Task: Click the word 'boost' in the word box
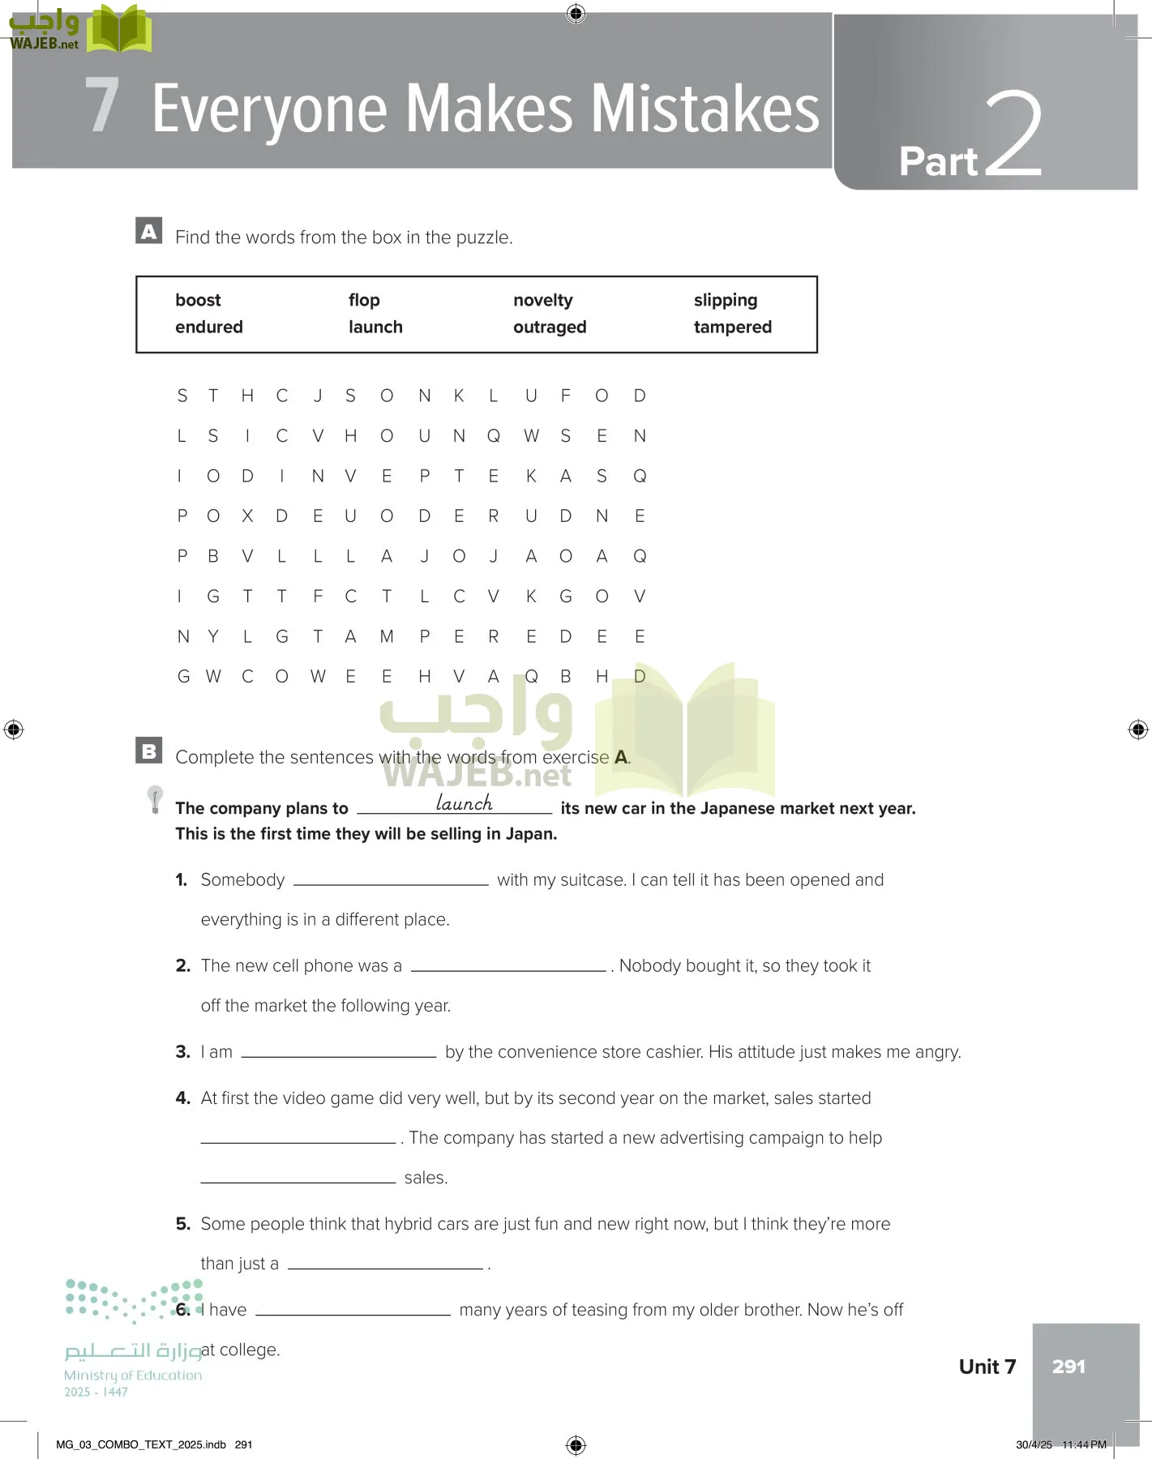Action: (198, 300)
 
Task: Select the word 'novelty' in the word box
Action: (542, 300)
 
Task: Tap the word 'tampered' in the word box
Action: (732, 327)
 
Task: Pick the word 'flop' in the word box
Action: (364, 300)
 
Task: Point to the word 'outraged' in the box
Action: (549, 327)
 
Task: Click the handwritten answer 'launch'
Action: (464, 802)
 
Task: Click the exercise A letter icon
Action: (149, 231)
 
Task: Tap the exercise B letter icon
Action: (149, 751)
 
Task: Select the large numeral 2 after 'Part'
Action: (1013, 134)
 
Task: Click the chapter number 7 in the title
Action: (102, 105)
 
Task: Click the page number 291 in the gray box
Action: (1068, 1367)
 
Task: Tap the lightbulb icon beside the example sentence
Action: (155, 798)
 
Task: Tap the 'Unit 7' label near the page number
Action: (987, 1367)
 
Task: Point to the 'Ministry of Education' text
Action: (133, 1375)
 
